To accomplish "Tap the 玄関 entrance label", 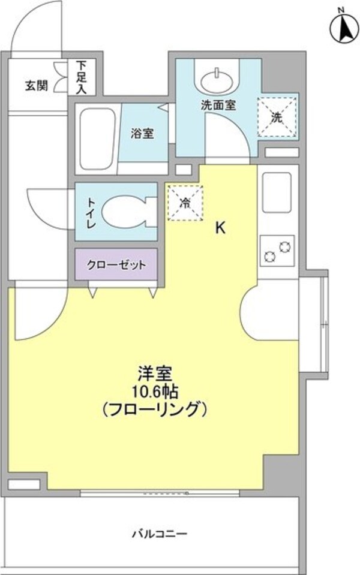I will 36,85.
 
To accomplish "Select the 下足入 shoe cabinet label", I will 81,77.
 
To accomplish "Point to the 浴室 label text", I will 142,133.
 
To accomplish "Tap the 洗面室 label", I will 218,104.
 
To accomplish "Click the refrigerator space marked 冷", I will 185,203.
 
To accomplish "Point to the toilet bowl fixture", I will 125,213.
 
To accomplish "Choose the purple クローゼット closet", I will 116,264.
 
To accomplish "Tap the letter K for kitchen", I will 220,228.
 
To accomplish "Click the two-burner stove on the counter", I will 277,250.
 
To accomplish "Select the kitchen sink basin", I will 277,192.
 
